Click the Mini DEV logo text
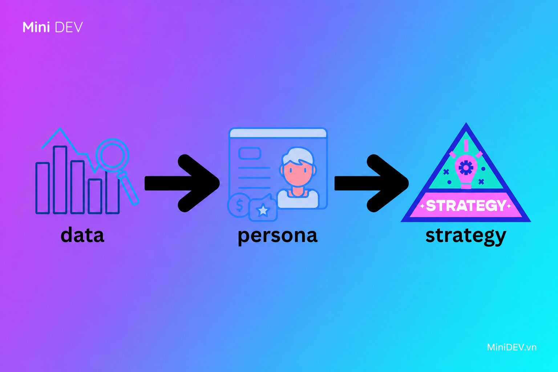click(x=53, y=27)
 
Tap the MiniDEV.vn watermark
click(x=511, y=347)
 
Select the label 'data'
click(x=82, y=235)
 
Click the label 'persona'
click(x=278, y=236)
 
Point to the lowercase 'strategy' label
click(x=466, y=236)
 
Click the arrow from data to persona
click(x=182, y=183)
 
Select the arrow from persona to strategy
click(x=371, y=183)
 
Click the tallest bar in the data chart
click(x=60, y=180)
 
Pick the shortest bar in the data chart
click(x=95, y=196)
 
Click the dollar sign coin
click(x=239, y=205)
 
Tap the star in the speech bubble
click(x=263, y=210)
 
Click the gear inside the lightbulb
click(x=466, y=168)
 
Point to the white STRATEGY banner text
click(x=466, y=206)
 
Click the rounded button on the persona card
click(x=250, y=153)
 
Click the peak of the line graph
click(x=60, y=129)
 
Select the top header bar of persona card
click(x=278, y=133)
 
